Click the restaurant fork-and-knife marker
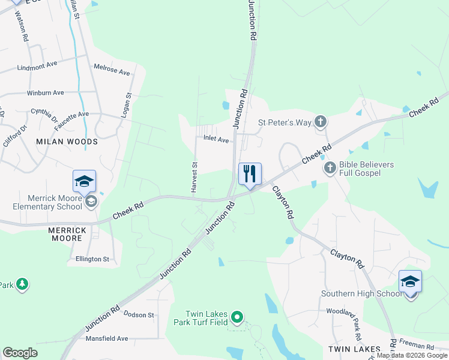(x=250, y=174)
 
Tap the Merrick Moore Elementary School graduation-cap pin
(x=84, y=181)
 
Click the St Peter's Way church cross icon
(x=321, y=122)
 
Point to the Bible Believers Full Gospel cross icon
(x=330, y=168)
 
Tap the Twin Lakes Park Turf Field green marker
(x=237, y=317)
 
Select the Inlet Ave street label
(x=216, y=140)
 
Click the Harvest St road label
(x=194, y=177)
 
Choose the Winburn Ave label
(x=45, y=93)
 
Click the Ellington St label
(x=92, y=259)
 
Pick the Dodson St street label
(x=139, y=314)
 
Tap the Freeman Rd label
(x=417, y=346)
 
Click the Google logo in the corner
(x=20, y=352)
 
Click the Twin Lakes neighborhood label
(x=354, y=349)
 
